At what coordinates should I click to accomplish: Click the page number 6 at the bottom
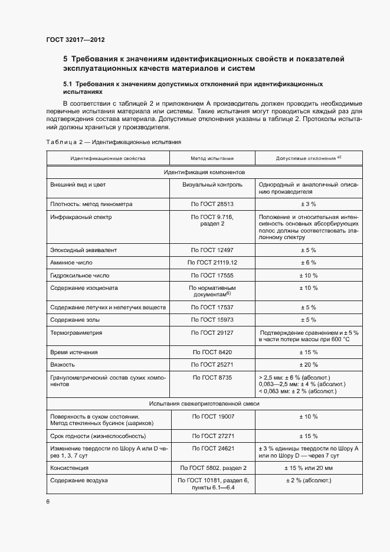(x=48, y=501)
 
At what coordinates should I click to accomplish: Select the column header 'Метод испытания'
(x=212, y=158)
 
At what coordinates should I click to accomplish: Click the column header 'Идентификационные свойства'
(x=108, y=158)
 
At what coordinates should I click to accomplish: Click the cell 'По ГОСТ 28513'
(x=212, y=204)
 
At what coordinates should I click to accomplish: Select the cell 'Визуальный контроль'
(x=212, y=184)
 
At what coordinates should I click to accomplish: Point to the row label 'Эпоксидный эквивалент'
(x=84, y=250)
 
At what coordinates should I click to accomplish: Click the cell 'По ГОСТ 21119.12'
(x=212, y=262)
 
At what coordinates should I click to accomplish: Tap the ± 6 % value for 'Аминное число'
(x=309, y=262)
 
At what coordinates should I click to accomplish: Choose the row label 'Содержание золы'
(x=75, y=320)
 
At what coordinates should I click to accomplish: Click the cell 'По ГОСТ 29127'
(x=212, y=333)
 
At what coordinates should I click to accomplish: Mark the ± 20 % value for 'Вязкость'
(x=309, y=364)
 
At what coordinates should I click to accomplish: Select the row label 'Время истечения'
(x=74, y=352)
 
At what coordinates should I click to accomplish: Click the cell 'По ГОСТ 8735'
(x=212, y=377)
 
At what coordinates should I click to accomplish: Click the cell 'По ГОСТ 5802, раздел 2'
(x=212, y=468)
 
